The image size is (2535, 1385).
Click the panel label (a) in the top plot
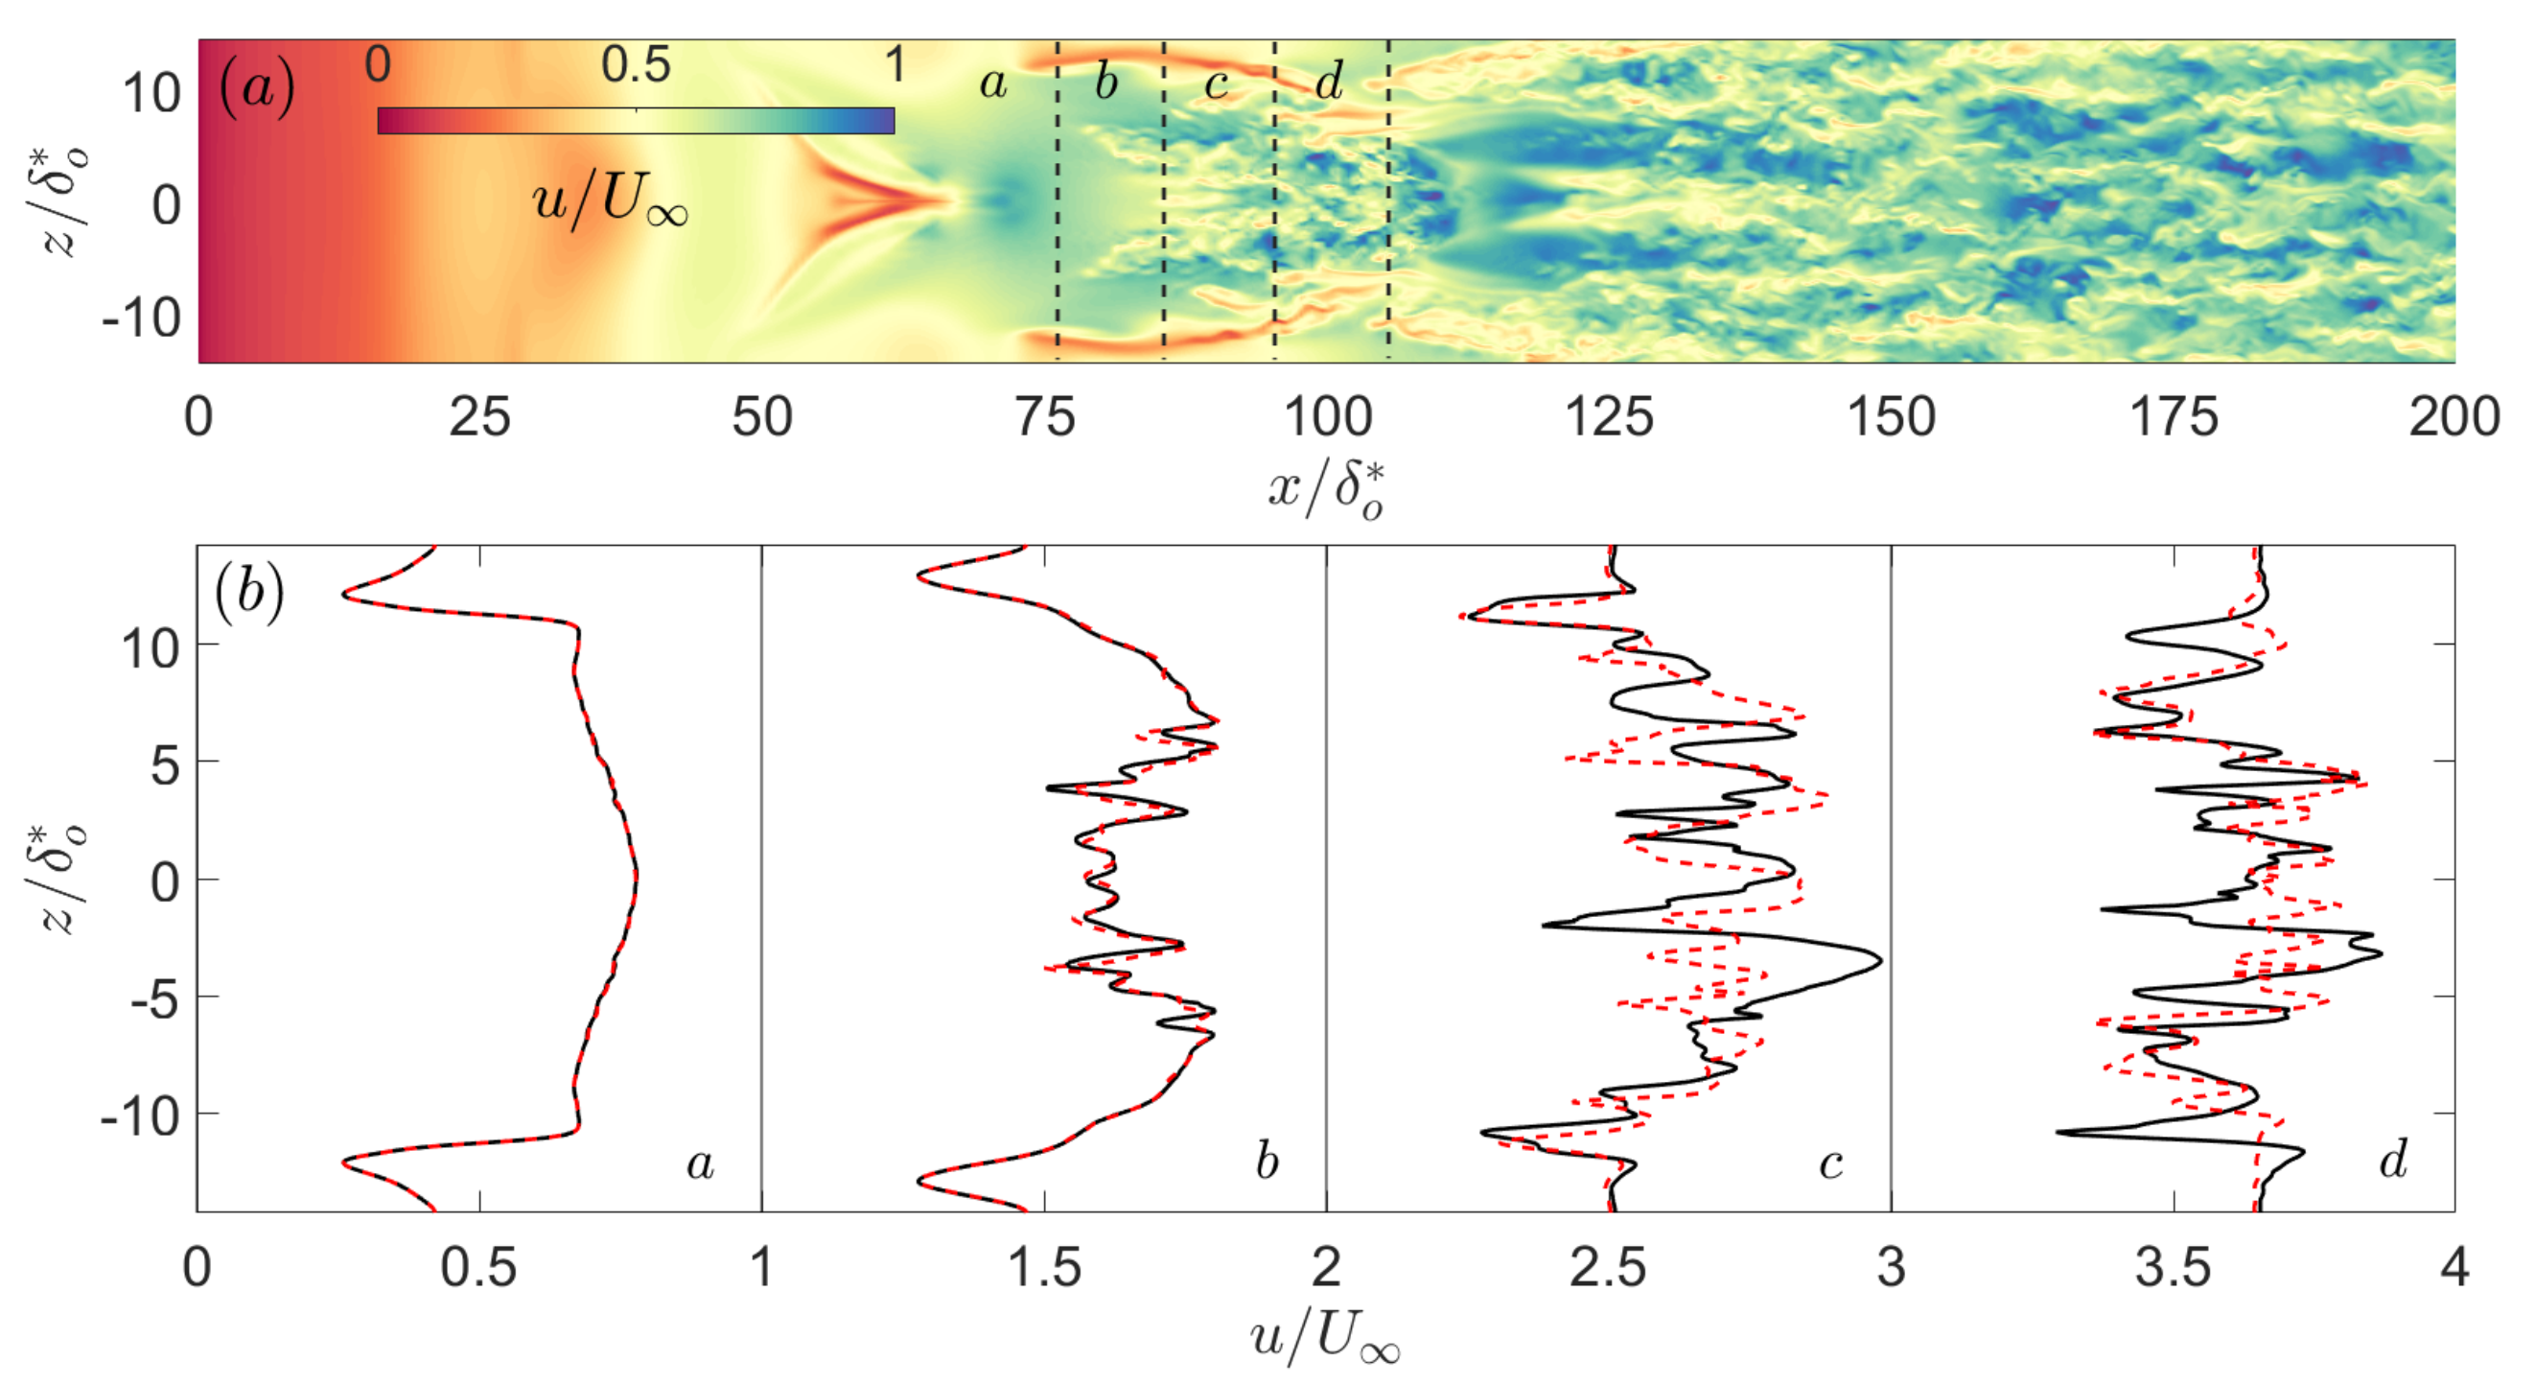point(257,88)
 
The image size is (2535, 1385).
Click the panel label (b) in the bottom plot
point(249,595)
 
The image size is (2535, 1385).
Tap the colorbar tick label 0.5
point(636,66)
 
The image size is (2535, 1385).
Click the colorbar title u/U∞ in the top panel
point(609,202)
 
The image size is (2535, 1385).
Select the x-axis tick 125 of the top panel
point(1609,417)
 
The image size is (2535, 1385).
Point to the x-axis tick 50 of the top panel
point(761,417)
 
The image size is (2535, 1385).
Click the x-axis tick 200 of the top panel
point(2454,417)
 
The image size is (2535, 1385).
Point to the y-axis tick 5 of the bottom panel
point(164,763)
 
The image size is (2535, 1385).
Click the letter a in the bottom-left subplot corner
point(700,1163)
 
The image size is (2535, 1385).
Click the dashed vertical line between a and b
point(1058,197)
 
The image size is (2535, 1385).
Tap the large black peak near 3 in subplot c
point(1879,960)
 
